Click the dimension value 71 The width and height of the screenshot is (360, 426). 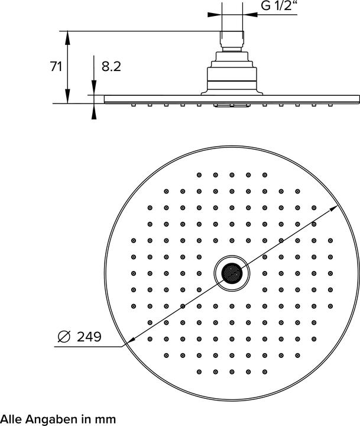click(56, 67)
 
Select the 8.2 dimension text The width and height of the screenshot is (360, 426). click(111, 67)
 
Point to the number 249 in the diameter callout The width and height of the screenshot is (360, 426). click(88, 337)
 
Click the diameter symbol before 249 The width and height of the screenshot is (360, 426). click(64, 337)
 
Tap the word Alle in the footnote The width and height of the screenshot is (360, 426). click(12, 419)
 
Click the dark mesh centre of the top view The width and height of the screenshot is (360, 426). click(232, 273)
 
